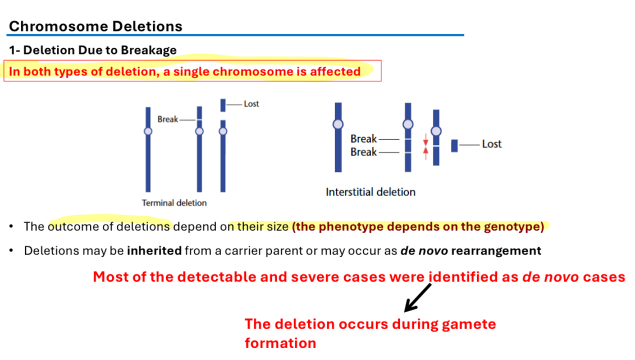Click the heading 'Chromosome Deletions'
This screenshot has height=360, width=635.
[x=95, y=26]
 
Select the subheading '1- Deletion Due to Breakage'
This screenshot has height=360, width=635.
[x=93, y=50]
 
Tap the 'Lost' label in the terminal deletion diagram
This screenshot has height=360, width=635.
[x=251, y=104]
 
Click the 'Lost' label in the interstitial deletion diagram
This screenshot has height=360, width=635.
[x=491, y=144]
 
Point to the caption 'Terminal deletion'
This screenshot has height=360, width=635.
[x=174, y=203]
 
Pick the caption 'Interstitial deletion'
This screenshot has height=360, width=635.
[x=371, y=192]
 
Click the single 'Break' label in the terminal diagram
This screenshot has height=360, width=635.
[x=167, y=119]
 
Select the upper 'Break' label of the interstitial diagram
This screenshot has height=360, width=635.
[x=363, y=139]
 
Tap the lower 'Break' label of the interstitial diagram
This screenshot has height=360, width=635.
[x=363, y=152]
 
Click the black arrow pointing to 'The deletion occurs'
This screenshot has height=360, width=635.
[x=418, y=298]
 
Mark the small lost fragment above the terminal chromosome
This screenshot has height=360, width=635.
[x=223, y=105]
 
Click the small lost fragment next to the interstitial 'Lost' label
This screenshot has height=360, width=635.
[x=454, y=145]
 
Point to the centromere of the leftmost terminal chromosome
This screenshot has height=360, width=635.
[x=148, y=131]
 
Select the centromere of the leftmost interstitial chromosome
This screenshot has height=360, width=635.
[x=338, y=124]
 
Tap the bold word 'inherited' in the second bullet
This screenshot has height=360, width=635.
[x=154, y=250]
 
